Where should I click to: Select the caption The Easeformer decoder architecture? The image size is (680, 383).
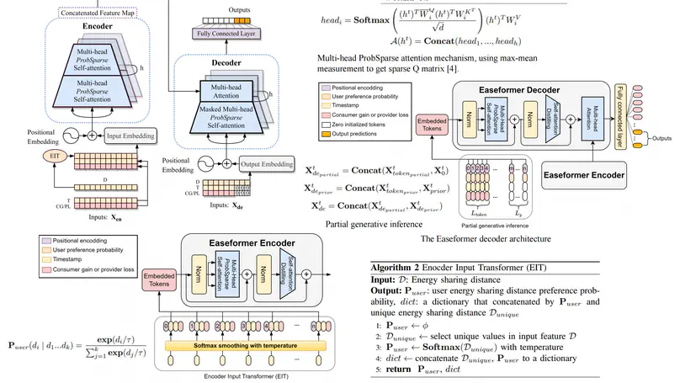click(x=491, y=239)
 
